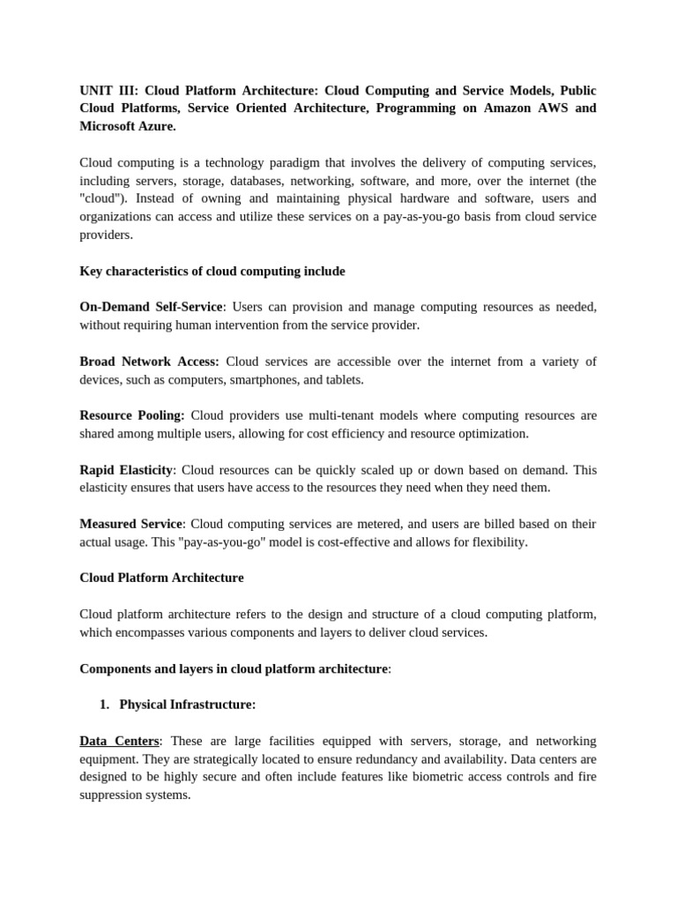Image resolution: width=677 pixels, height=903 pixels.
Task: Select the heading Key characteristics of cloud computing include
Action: coord(212,272)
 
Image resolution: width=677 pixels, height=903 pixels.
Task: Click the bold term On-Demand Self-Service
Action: coord(151,307)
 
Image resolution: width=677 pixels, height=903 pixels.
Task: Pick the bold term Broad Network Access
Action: coord(149,362)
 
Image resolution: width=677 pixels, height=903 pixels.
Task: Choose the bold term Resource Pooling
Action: coord(132,415)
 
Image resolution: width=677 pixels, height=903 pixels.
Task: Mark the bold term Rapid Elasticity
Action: coord(126,470)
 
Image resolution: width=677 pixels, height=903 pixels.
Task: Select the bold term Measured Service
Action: coord(130,524)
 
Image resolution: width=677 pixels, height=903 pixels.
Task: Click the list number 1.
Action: coord(104,705)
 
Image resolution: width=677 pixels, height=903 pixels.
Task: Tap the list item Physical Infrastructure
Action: coord(188,705)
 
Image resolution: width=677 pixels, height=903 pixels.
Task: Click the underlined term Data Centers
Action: coord(119,741)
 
